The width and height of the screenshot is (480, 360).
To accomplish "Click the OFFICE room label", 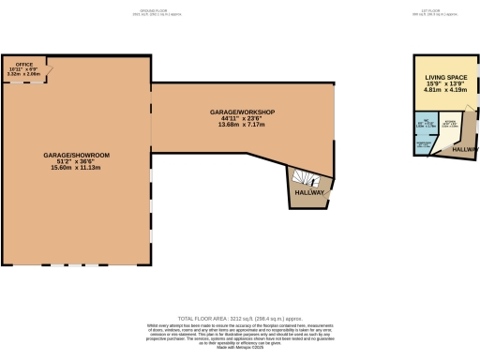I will point(24,65).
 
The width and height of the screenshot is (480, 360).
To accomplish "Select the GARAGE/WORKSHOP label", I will point(242,112).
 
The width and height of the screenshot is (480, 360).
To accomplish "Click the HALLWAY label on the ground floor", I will point(309,192).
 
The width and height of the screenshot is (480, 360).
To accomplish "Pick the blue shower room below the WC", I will point(423,145).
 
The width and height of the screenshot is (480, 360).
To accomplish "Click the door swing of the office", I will point(48,70).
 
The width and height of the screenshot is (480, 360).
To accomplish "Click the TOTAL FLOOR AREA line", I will point(240,318).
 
